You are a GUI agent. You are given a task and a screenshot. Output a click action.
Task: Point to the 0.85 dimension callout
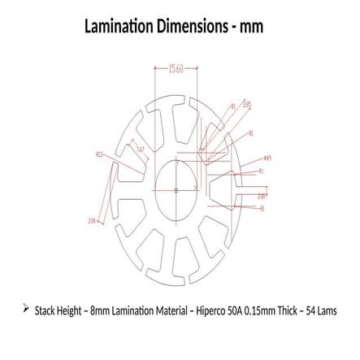point(247,105)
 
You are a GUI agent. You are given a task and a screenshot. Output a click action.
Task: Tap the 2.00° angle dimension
point(261,196)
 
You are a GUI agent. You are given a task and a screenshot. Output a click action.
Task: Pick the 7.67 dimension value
point(140,150)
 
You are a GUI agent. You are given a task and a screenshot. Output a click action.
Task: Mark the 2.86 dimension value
point(92,219)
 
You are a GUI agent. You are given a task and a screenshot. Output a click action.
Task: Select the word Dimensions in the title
point(195,27)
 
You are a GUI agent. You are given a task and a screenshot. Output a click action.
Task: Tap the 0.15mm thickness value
point(258,310)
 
